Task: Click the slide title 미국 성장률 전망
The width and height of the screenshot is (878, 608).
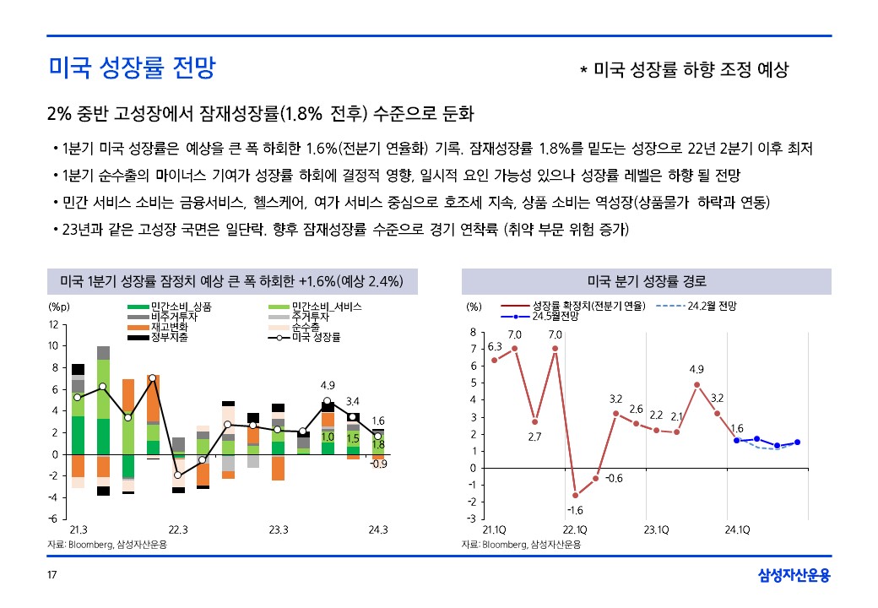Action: point(131,68)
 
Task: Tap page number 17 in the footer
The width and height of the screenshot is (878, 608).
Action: point(51,576)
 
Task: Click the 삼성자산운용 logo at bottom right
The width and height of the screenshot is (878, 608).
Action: point(794,575)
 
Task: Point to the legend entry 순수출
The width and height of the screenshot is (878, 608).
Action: point(306,327)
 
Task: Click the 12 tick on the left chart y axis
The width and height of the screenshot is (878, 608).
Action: point(54,324)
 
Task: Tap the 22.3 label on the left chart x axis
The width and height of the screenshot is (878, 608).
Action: point(177,530)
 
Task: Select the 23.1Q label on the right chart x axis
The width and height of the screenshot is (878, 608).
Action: point(656,530)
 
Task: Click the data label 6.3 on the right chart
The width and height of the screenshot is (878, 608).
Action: point(495,346)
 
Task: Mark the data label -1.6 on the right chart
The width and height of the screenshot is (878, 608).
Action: point(575,510)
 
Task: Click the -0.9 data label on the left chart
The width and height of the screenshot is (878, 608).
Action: point(379,464)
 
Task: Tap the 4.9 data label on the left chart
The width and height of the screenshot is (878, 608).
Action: point(328,385)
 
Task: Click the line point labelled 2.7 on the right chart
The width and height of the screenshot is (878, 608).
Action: point(534,421)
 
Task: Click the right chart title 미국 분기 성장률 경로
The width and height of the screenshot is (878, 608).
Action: point(647,281)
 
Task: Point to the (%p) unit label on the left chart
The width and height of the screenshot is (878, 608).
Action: point(58,306)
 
